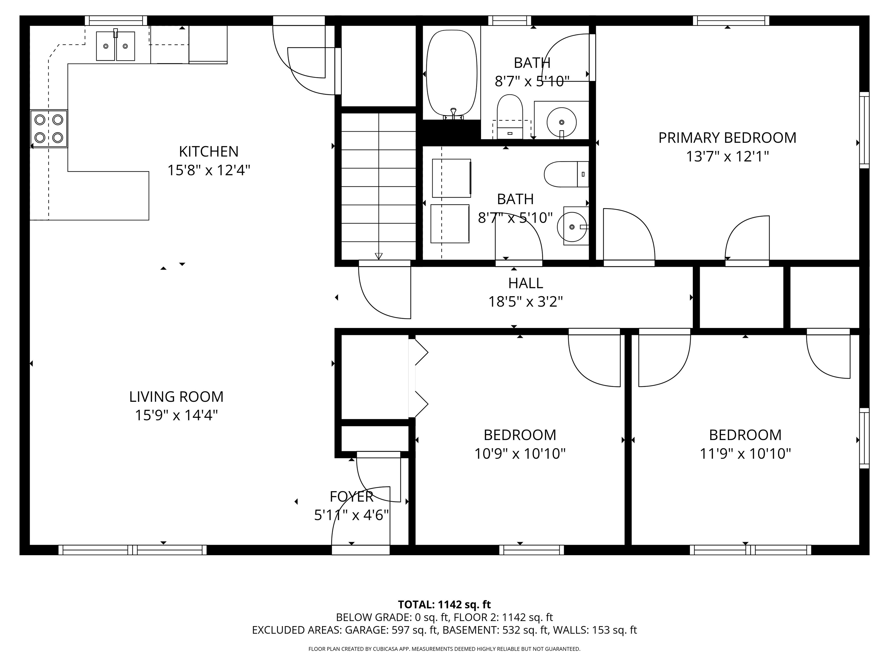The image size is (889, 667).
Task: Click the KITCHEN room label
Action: (x=209, y=152)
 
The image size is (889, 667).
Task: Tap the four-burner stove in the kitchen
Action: (x=49, y=129)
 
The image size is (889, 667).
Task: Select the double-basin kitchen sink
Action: (x=115, y=46)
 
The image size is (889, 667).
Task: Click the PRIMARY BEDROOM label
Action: (x=727, y=138)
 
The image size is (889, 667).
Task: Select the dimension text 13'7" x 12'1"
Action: (x=727, y=156)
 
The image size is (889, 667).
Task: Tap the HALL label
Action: (x=525, y=283)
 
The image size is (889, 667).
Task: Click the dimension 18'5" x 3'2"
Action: (x=525, y=302)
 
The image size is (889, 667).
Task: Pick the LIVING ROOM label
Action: (x=176, y=397)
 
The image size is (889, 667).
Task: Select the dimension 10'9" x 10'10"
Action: (x=520, y=454)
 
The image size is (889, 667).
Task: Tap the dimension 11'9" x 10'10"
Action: (x=745, y=454)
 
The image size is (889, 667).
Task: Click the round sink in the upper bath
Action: (x=561, y=122)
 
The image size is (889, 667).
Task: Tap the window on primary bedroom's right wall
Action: (x=864, y=130)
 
